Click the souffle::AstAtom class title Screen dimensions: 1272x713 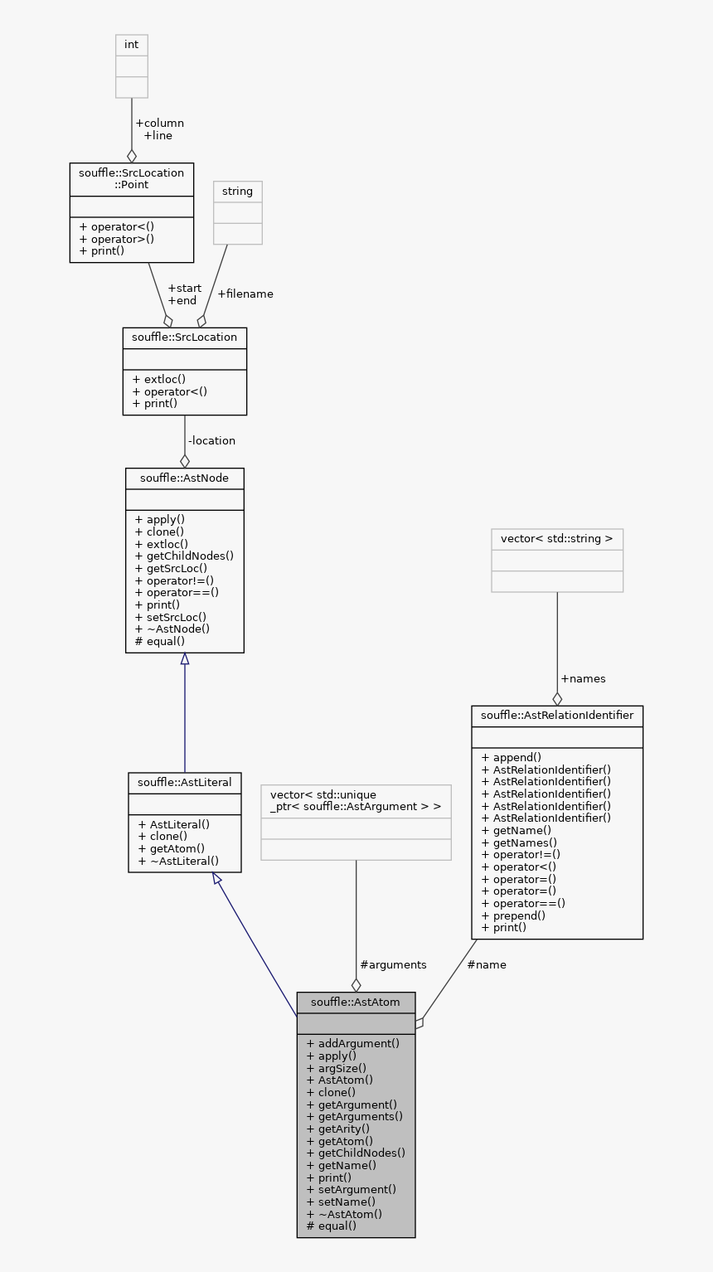coord(356,1002)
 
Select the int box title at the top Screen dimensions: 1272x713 coord(131,45)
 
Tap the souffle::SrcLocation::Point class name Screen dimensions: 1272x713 coord(131,178)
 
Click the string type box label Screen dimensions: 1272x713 coord(237,192)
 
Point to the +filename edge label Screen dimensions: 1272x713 coord(245,294)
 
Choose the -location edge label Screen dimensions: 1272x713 coord(211,440)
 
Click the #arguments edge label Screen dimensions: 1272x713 coord(393,964)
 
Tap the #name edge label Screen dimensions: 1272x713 coord(486,964)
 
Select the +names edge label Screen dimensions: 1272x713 coord(583,678)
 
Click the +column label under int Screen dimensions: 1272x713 coord(158,123)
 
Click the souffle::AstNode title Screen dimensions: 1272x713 coord(184,478)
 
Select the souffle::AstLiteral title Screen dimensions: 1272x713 coord(184,782)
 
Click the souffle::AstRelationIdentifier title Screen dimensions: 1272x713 coord(556,715)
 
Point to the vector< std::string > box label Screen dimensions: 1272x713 coord(556,539)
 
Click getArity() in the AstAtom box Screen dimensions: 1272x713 coord(338,1129)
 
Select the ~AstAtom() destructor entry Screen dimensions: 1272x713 coord(344,1214)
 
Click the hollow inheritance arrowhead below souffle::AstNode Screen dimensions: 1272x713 coord(184,659)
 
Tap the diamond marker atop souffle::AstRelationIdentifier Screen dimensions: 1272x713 coord(557,698)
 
